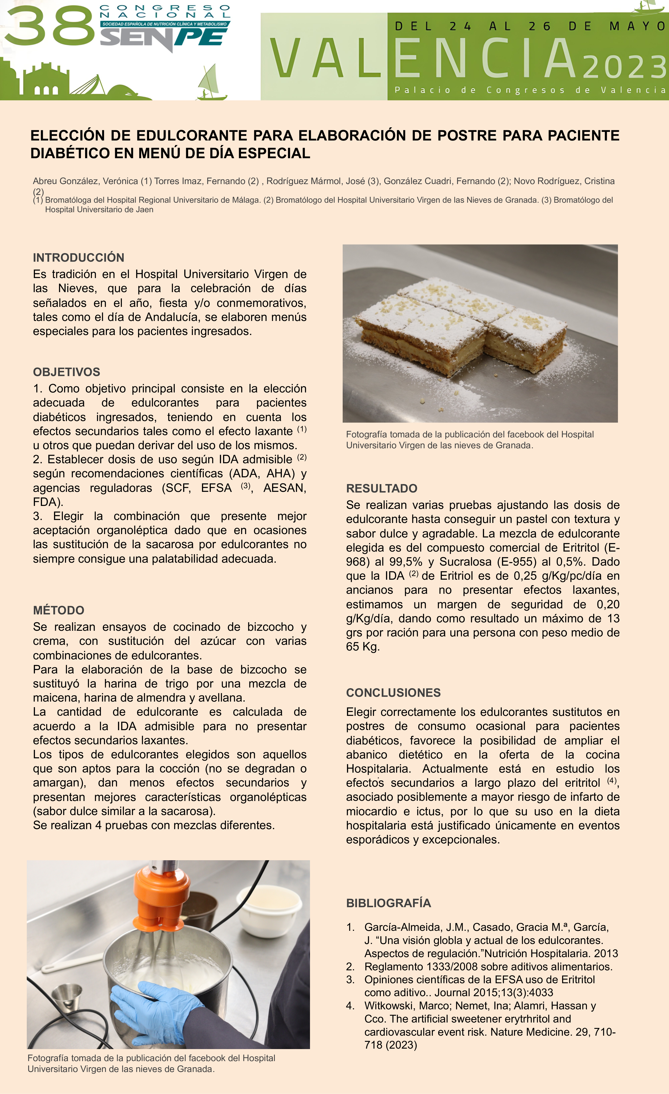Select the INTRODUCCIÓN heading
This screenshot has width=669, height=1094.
79,258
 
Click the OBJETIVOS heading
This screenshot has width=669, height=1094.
66,372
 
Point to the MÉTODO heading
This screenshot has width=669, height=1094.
59,610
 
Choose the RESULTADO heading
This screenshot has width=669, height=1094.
382,488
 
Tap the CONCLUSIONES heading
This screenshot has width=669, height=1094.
393,693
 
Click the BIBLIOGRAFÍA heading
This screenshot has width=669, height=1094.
389,903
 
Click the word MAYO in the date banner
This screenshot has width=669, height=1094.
637,26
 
